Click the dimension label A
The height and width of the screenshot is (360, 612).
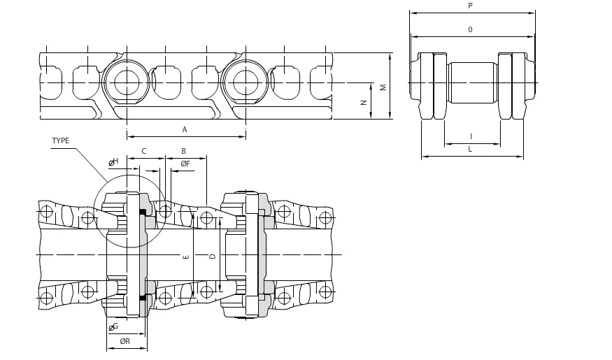coord(185,129)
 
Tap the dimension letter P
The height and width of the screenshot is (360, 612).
coord(470,6)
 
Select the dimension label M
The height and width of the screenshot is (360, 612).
coord(383,87)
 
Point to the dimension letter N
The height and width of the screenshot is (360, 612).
coord(364,103)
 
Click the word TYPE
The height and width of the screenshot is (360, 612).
coord(60,141)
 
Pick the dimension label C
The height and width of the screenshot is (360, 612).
coord(143,151)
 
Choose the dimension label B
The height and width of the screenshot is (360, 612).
coord(183,151)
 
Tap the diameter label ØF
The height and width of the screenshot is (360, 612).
coord(186,164)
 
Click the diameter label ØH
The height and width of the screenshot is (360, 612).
coord(113,162)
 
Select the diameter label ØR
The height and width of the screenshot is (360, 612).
coord(125,341)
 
